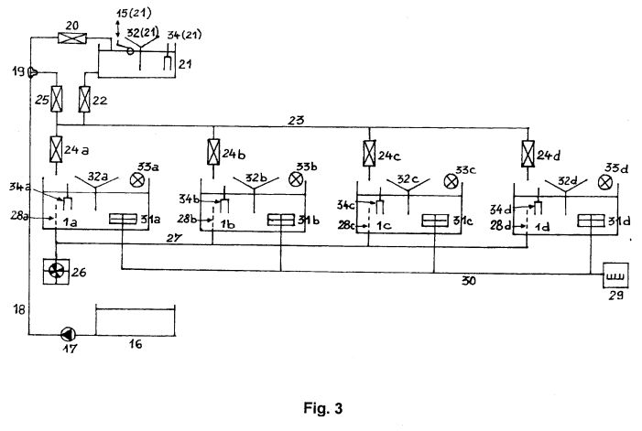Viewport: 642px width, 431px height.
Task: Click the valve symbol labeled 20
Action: [72, 38]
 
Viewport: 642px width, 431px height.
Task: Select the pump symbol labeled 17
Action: [68, 335]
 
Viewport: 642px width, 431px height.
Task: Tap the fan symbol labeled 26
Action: [56, 271]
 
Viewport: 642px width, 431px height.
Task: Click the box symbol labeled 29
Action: [615, 275]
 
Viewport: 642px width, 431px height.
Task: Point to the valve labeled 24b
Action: [213, 152]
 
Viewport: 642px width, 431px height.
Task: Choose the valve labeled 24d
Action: [528, 154]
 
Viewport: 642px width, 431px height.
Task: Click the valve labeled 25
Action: [57, 99]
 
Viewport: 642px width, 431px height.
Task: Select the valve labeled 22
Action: [84, 99]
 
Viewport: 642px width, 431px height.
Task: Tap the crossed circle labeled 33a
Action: [136, 180]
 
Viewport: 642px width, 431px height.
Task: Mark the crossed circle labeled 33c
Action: [451, 181]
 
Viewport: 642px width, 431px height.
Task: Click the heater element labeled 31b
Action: [281, 220]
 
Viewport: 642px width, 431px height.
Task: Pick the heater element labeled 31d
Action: [591, 221]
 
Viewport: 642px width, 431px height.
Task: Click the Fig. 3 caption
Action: [323, 408]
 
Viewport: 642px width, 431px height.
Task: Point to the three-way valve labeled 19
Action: [32, 73]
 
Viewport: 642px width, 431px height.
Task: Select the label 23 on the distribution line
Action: [296, 120]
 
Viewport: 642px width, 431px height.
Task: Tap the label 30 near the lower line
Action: [469, 281]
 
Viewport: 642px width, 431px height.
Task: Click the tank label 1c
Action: [384, 225]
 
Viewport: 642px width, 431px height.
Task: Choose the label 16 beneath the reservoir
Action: [136, 344]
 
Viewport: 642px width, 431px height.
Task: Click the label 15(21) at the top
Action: [134, 13]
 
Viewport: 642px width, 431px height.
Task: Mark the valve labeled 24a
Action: [56, 149]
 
